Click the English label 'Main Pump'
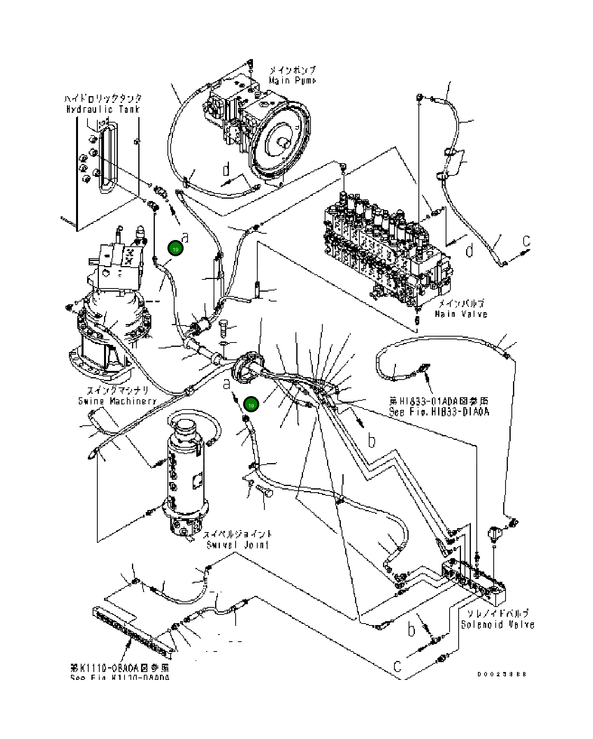point(292,80)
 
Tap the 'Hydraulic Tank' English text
point(103,109)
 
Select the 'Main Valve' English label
point(461,314)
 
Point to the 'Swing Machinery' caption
point(117,401)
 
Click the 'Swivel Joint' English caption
point(238,545)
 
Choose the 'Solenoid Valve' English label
point(498,625)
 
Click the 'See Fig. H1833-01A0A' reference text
point(439,412)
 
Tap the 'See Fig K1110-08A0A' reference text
point(120,678)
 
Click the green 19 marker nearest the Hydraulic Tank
point(175,249)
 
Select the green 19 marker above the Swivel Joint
point(251,405)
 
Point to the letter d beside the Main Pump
point(226,170)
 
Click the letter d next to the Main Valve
point(469,251)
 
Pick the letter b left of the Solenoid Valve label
point(411,629)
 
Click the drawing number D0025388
point(502,674)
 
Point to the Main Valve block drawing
point(386,248)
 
